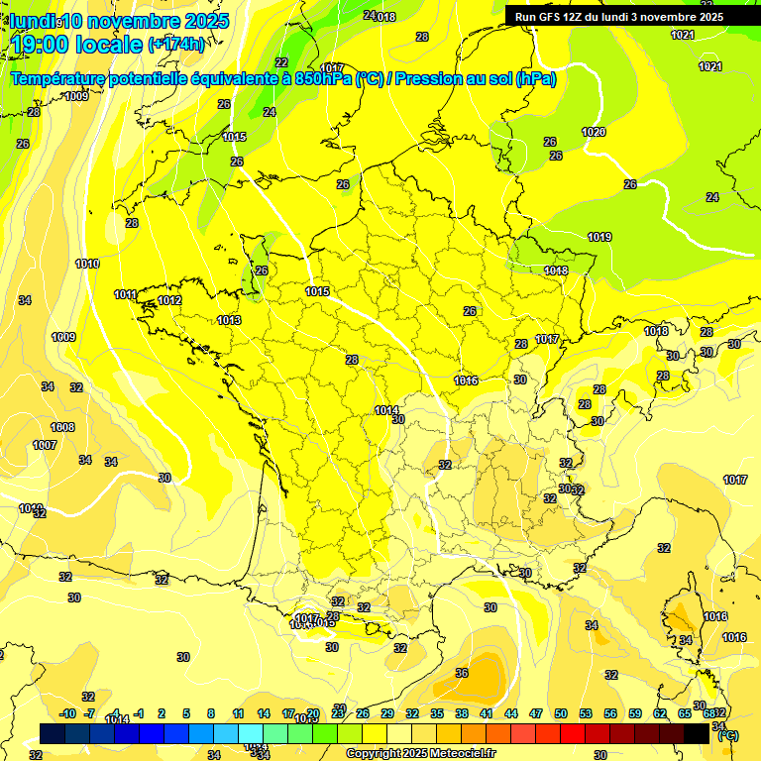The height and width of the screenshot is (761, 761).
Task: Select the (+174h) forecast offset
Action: (x=176, y=45)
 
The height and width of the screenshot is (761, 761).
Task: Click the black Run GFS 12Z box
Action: (x=619, y=17)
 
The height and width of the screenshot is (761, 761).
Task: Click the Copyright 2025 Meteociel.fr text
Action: (x=421, y=754)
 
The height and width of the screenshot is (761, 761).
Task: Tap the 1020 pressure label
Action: (x=594, y=132)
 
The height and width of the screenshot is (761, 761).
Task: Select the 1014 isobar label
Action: (x=386, y=410)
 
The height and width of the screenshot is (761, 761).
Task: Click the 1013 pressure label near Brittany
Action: (x=229, y=320)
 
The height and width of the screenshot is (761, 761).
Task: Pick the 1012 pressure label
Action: (x=169, y=300)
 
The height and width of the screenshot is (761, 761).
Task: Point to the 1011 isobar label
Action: (x=125, y=294)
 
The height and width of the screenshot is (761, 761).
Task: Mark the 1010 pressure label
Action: (x=87, y=264)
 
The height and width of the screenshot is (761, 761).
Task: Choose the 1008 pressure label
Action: (x=62, y=427)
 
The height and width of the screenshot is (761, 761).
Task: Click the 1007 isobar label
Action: (x=45, y=445)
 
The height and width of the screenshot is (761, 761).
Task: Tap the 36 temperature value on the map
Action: (x=462, y=673)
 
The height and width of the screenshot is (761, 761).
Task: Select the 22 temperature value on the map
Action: (x=281, y=62)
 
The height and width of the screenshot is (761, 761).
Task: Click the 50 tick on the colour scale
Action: (x=561, y=713)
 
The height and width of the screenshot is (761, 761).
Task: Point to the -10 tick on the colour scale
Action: (x=67, y=713)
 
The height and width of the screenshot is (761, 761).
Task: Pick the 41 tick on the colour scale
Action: (x=487, y=713)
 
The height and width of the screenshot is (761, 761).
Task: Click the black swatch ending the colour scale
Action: (x=697, y=733)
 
